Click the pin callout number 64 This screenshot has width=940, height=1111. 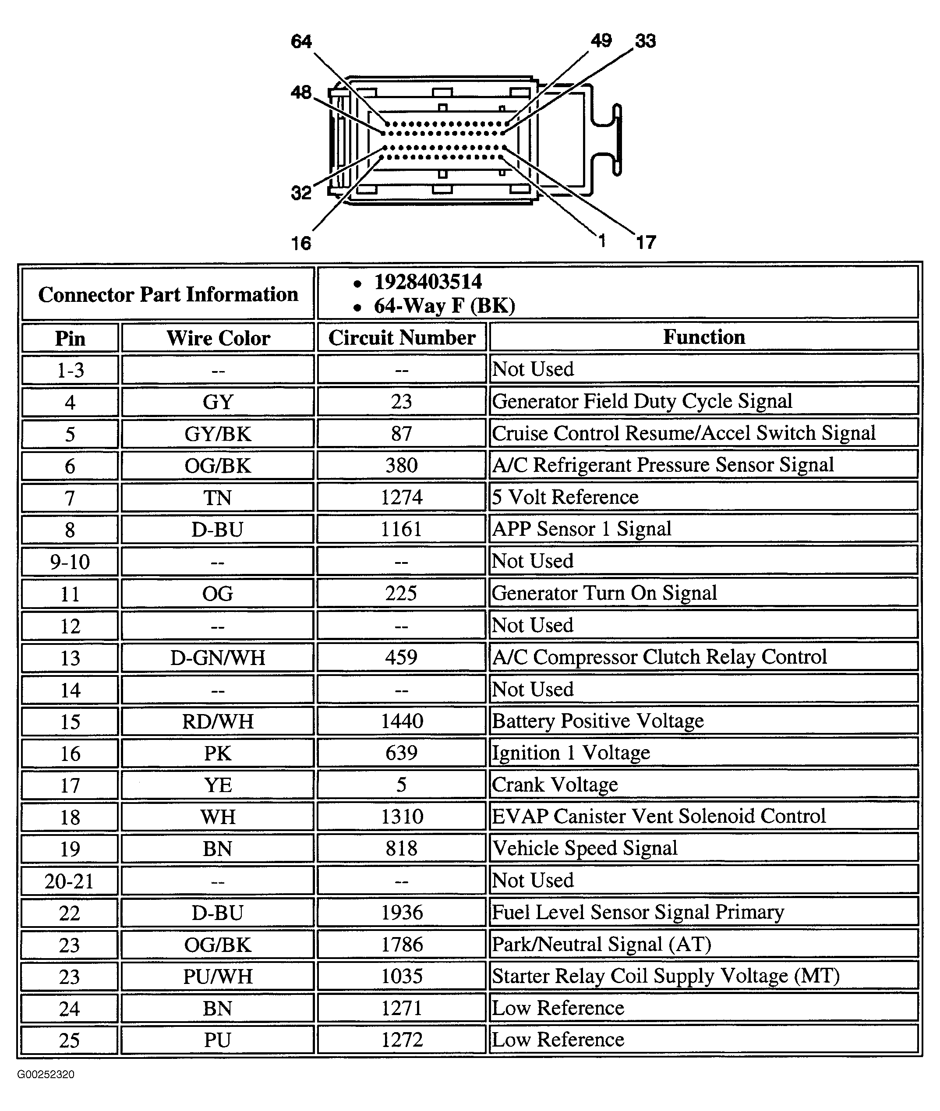coord(301,42)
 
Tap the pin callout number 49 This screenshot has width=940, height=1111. coord(601,40)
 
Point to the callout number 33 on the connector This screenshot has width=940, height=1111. coord(645,41)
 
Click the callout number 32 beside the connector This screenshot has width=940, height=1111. coord(301,193)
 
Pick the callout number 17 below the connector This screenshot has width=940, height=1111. coord(646,242)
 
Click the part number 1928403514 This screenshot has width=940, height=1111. coord(428,282)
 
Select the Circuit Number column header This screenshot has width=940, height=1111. coord(402,338)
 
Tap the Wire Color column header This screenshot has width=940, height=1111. coord(218,338)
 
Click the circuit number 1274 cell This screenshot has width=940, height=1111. coord(402,498)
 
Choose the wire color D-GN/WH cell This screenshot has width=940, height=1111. coord(218,658)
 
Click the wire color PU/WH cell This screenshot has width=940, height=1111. coord(218,977)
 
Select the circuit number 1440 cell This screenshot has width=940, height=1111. coord(402,722)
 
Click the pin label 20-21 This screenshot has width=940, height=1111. coord(69,881)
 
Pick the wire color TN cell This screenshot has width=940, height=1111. coord(218,498)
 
